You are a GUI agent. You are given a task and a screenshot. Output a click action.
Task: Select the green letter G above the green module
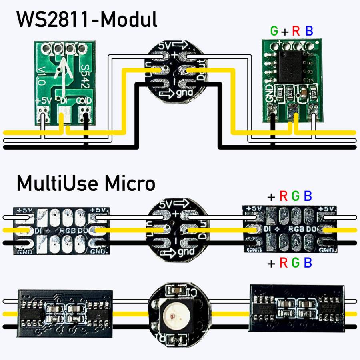click(x=274, y=31)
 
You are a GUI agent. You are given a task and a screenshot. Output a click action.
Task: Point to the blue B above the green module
click(x=309, y=31)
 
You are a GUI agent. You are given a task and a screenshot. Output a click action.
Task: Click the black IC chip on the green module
click(x=290, y=66)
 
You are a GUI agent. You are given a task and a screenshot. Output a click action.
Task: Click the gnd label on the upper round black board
click(x=185, y=93)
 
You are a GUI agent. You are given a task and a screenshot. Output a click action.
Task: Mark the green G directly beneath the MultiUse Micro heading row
click(x=296, y=196)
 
